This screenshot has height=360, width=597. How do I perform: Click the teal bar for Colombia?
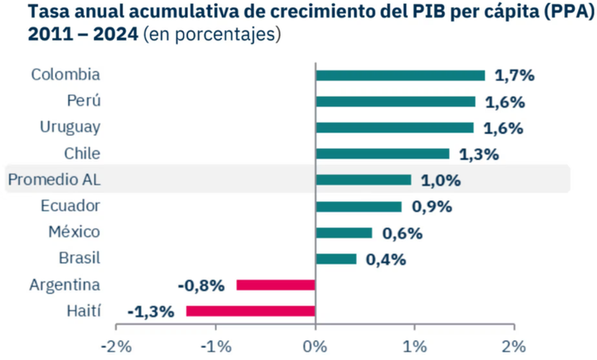point(400,75)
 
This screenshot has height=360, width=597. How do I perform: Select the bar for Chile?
point(382,154)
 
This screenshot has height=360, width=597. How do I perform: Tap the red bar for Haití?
point(250,311)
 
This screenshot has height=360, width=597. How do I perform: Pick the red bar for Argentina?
point(276,285)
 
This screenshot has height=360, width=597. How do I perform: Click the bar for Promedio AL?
point(363,180)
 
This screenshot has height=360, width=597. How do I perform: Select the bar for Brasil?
point(336,259)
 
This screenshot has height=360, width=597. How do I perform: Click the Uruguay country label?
point(70,128)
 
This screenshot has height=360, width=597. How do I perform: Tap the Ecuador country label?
point(70,206)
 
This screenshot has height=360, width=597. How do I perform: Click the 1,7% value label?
point(515,75)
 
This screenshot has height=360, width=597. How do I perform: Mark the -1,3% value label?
point(152,311)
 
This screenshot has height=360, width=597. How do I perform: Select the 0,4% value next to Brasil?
point(386,259)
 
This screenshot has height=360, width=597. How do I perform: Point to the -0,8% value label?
point(201,285)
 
